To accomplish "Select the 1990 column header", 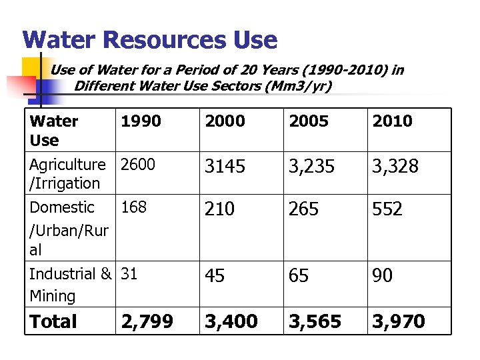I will click(x=141, y=121).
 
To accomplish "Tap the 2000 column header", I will click(x=225, y=121).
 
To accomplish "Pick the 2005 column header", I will click(x=309, y=121).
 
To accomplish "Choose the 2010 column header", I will click(x=393, y=121).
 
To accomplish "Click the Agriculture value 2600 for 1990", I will click(x=138, y=165).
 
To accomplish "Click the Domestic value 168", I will click(x=133, y=207).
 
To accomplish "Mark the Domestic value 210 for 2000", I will click(x=220, y=209).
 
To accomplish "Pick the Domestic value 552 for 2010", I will click(x=387, y=209).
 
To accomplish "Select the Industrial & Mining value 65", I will click(x=299, y=276).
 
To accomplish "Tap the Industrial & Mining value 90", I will click(x=383, y=276).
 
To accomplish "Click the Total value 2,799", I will click(x=147, y=322).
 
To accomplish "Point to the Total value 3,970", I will click(x=399, y=322).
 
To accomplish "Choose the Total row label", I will click(x=54, y=322).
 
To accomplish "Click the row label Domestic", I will click(x=62, y=207).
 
